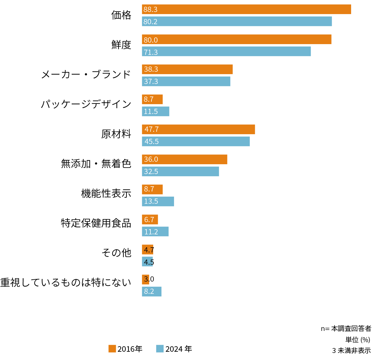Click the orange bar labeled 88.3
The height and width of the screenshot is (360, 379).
coord(246,9)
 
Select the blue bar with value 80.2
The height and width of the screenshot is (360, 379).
coord(237,21)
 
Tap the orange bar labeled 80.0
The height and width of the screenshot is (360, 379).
coord(237,39)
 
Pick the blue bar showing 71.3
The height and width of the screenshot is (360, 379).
coord(226,51)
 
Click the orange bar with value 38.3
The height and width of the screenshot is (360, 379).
coord(187,69)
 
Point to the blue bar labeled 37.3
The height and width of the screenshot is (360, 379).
coord(186,81)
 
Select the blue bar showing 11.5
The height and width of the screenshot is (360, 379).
coord(156,112)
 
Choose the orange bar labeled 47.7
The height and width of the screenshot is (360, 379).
coord(199,129)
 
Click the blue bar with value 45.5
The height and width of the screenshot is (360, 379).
coord(196,142)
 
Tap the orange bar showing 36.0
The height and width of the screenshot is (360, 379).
coord(184,159)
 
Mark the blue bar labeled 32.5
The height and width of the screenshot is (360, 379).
coord(180,172)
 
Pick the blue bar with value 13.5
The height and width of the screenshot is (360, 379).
coord(158,202)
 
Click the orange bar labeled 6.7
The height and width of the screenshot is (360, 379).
coord(150,219)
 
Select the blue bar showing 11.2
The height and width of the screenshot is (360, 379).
coord(155,232)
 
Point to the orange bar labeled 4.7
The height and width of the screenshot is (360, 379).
coord(147,249)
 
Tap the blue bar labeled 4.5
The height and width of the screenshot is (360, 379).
coord(147,262)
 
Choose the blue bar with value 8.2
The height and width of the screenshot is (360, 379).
coord(152,292)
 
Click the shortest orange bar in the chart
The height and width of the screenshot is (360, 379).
coord(146,279)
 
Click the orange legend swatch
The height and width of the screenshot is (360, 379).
coord(112,349)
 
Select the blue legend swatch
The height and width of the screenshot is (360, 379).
coord(160,349)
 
